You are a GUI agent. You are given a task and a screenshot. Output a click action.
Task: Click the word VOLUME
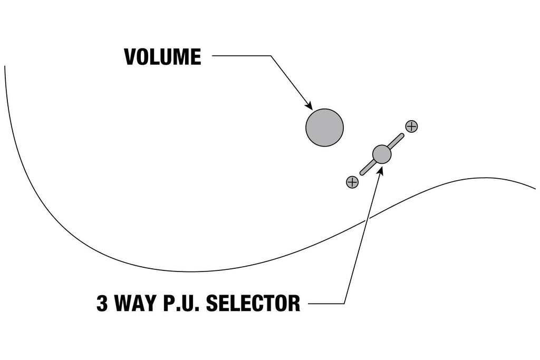[x=162, y=57]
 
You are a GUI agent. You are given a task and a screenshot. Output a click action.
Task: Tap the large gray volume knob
[x=324, y=128]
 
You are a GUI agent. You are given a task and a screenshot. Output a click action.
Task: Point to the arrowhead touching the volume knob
[x=308, y=105]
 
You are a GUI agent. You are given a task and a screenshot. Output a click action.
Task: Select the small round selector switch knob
[x=382, y=154]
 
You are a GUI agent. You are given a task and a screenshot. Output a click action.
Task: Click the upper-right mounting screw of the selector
[x=411, y=127]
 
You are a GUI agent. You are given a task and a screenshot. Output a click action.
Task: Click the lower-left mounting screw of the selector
[x=352, y=182]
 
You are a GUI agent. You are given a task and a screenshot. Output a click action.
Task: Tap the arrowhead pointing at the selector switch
[x=381, y=169]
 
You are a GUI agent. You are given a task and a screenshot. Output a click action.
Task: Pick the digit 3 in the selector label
[x=102, y=303]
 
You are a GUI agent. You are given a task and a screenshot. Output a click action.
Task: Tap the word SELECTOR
[x=253, y=303]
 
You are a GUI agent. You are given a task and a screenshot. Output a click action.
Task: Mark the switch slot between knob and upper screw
[x=397, y=141]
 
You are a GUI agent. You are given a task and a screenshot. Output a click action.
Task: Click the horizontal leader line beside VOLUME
[x=242, y=56]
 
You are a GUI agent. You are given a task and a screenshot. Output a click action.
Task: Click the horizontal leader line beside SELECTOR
[x=326, y=304]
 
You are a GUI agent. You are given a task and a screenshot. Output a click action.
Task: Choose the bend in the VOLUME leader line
[x=271, y=56]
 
